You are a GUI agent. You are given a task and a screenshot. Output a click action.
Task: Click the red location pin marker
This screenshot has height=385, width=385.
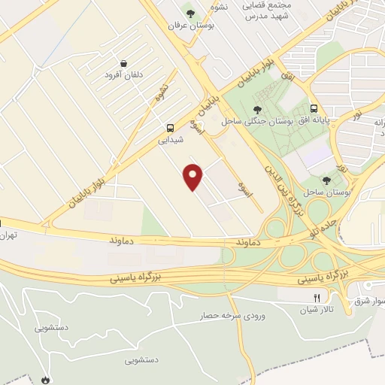tap(194, 177)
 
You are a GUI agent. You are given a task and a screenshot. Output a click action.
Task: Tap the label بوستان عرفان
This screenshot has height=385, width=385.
tap(192, 25)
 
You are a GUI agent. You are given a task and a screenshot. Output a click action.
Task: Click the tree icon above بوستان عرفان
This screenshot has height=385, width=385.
tap(191, 13)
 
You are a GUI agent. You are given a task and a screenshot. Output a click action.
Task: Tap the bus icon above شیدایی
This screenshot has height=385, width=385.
tap(171, 129)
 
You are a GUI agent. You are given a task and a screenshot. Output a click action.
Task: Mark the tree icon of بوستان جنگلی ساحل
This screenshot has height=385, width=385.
tap(257, 110)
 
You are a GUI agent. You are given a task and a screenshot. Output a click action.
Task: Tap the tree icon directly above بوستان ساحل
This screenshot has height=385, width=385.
tap(326, 180)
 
